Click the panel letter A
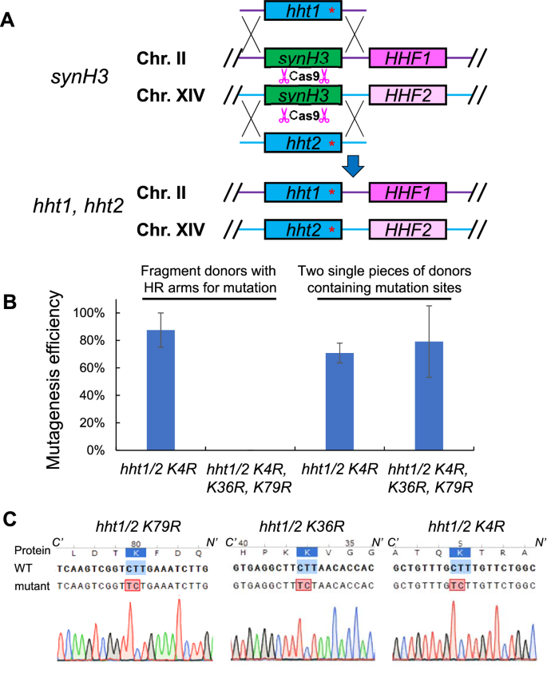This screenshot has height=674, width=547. [x=10, y=17]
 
